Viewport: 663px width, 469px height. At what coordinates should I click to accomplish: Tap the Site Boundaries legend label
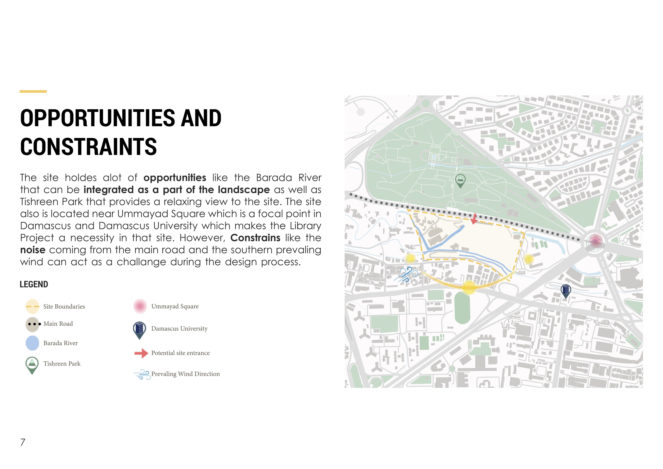pos(64,306)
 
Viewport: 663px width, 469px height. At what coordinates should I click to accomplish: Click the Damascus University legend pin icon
pos(140,330)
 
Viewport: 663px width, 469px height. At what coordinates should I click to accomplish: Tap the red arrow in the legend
pos(141,353)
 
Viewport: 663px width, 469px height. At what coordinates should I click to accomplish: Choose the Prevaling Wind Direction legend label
pos(185,374)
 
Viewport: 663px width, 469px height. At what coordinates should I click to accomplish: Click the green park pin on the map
pos(460,180)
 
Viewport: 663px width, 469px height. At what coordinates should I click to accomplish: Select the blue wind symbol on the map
pos(406,274)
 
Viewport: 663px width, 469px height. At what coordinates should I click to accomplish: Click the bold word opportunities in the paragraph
pos(175,178)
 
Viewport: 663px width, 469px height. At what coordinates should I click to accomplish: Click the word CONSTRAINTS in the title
pos(88,147)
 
